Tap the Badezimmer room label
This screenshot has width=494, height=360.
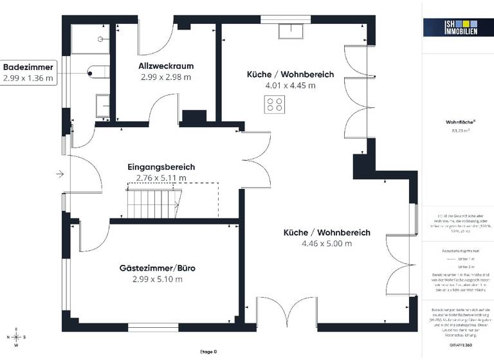tap(28, 67)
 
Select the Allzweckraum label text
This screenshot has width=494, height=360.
tap(166, 66)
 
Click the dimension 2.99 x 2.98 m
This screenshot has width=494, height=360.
tap(166, 77)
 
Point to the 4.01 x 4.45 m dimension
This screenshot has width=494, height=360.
tap(290, 85)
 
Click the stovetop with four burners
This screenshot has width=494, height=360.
tap(275, 104)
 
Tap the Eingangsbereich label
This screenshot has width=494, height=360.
tap(161, 167)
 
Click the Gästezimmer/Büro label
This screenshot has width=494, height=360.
tap(157, 268)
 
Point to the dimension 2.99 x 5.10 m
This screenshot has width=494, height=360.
tap(157, 279)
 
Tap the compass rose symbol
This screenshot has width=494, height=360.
tap(17, 336)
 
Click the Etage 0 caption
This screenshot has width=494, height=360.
tap(207, 352)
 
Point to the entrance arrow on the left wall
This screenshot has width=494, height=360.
tap(60, 174)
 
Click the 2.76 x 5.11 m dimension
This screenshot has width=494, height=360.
tap(161, 178)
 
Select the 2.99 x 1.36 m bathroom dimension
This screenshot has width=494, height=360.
tap(28, 78)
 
